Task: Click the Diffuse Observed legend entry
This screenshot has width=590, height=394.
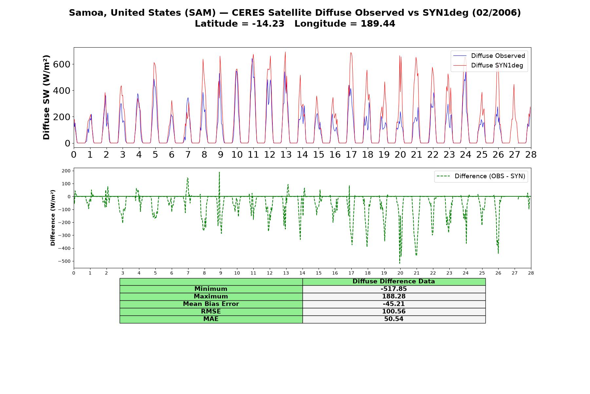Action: click(x=489, y=56)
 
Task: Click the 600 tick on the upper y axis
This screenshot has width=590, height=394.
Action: click(x=61, y=64)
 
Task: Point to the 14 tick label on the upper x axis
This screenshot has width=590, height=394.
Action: click(x=302, y=155)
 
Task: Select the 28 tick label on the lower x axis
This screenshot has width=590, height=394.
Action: click(x=531, y=273)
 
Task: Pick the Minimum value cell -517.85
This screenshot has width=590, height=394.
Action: click(x=394, y=289)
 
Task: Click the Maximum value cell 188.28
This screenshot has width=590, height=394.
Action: click(x=394, y=296)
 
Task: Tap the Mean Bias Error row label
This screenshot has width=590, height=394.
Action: click(x=211, y=304)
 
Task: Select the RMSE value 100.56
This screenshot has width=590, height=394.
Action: click(x=394, y=312)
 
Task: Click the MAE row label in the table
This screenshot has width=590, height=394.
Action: click(x=211, y=319)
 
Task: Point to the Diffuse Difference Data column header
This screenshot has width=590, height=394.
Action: click(x=394, y=281)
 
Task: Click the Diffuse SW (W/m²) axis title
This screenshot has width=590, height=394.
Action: click(x=47, y=98)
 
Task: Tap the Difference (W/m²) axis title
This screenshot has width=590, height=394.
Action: click(x=53, y=218)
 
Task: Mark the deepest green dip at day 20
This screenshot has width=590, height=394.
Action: click(x=400, y=263)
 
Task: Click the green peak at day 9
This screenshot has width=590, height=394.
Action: click(x=219, y=172)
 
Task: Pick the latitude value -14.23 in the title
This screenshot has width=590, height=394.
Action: click(x=268, y=24)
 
